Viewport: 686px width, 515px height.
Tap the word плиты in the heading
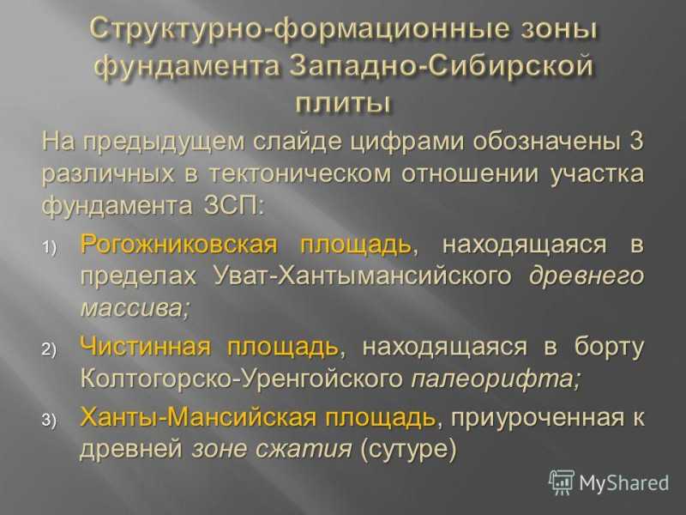point(342,104)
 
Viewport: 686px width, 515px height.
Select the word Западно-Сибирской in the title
point(442,67)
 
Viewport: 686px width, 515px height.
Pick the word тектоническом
point(299,174)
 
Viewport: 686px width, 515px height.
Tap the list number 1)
point(50,247)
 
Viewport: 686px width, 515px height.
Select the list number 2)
point(50,350)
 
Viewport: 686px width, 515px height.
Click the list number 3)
point(50,420)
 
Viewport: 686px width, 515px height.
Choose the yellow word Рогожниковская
point(179,245)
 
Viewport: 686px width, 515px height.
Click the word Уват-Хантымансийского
point(363,276)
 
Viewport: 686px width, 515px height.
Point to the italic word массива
point(135,308)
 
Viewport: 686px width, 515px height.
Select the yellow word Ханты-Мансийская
point(198,416)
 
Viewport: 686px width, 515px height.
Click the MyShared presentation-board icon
point(562,482)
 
